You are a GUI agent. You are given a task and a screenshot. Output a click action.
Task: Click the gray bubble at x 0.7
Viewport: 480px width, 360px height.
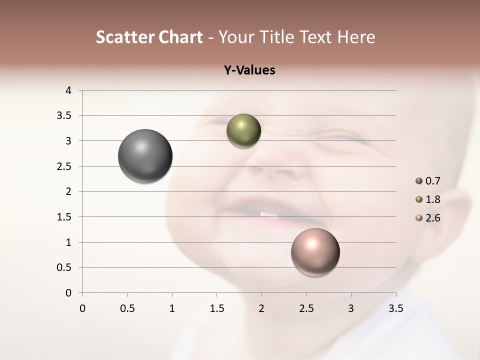[x=145, y=156]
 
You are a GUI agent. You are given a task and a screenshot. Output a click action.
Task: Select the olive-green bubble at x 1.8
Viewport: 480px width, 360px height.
[x=243, y=131]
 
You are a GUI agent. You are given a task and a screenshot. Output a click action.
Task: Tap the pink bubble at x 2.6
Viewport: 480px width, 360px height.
[x=315, y=252]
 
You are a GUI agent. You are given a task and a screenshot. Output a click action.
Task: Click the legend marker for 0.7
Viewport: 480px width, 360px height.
[x=419, y=180]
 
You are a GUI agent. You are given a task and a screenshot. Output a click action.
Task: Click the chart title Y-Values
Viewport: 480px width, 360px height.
[x=249, y=70]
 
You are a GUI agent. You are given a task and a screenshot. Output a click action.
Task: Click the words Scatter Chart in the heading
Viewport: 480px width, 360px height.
[x=149, y=37]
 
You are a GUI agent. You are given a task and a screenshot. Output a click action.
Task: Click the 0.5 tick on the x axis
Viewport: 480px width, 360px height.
[x=127, y=308]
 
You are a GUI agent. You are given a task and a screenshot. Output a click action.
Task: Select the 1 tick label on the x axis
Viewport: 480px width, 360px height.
[x=172, y=308]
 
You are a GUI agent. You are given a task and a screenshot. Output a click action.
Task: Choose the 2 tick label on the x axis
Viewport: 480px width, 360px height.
[x=261, y=308]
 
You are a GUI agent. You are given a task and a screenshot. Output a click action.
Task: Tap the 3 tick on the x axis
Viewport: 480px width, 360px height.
[x=351, y=308]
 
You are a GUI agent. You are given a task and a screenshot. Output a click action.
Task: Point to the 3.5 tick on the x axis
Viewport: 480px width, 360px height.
[x=395, y=308]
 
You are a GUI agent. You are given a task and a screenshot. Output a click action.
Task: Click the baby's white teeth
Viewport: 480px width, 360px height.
[x=269, y=214]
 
